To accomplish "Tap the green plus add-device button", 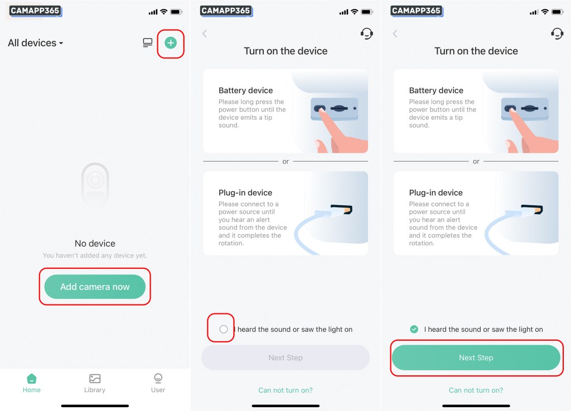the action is (x=171, y=43).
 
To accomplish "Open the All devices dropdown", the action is (x=35, y=43).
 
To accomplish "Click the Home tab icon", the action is (x=32, y=379).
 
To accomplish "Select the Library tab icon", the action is (x=95, y=379).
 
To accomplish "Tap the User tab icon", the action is (x=158, y=378).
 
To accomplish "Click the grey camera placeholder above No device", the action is (x=95, y=183).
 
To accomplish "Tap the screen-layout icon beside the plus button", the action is (x=147, y=43).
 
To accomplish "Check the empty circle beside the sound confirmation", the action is (x=224, y=329).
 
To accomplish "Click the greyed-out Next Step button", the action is (x=285, y=357).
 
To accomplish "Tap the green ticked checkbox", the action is (x=414, y=329).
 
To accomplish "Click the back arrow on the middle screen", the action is (x=205, y=34).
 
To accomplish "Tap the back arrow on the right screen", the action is (x=395, y=34).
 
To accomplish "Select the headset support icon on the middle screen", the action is (x=367, y=33).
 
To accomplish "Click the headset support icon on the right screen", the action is (x=557, y=33).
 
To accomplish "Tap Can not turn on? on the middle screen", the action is (x=285, y=390).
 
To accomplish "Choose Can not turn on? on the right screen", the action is (x=476, y=390).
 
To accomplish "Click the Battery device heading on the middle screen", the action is (x=246, y=90).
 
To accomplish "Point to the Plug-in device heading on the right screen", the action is (x=436, y=192).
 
